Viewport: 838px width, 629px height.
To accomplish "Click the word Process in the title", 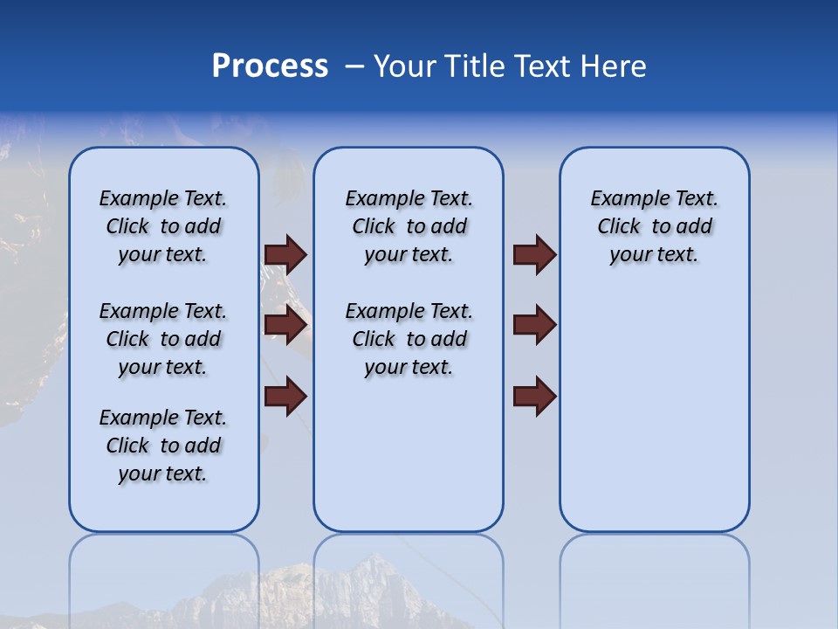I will pos(270,66).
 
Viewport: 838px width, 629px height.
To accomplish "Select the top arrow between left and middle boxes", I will pos(285,254).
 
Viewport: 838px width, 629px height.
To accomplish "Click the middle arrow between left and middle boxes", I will pos(285,325).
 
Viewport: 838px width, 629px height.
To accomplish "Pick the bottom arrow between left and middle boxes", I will pos(285,396).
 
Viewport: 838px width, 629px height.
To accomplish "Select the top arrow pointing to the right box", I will pos(534,254).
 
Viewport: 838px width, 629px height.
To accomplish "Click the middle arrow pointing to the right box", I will pos(534,325).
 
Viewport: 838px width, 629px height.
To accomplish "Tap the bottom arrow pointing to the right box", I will pos(534,396).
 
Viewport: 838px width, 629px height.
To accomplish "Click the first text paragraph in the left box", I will pos(163,226).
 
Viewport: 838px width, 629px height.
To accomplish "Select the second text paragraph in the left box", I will pos(163,339).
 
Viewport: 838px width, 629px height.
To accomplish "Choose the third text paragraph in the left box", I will pos(163,446).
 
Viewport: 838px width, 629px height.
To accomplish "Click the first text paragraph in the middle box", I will pos(409,226).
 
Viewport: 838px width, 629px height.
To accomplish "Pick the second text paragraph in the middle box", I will pos(409,339).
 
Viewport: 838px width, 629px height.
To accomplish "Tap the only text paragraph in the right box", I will pos(654,226).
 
